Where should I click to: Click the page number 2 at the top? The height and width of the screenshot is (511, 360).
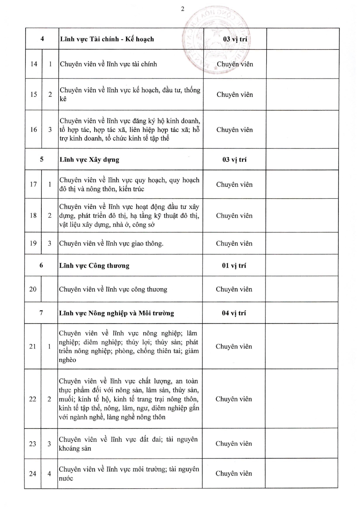(x=183, y=9)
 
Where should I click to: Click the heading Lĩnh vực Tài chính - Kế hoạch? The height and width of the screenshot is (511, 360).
(x=107, y=39)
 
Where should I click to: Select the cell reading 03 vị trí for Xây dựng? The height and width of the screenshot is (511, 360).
(x=234, y=159)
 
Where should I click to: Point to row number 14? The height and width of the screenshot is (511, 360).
(x=34, y=64)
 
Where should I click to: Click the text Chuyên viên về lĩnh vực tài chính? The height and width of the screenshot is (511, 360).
(x=108, y=64)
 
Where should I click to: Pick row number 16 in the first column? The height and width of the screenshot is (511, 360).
(x=33, y=129)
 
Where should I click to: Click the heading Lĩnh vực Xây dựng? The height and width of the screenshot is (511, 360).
(x=89, y=160)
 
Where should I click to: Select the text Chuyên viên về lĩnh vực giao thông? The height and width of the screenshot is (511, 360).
(x=111, y=243)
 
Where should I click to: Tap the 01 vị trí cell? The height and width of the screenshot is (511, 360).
(x=234, y=266)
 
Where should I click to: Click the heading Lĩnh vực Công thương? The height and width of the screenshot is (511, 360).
(x=94, y=266)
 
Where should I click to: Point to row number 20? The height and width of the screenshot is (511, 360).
(x=33, y=289)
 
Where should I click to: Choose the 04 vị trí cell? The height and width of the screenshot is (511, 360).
(x=234, y=313)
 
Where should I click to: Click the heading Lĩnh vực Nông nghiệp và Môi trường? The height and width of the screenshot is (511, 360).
(x=117, y=313)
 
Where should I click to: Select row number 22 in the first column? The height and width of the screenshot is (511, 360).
(x=33, y=399)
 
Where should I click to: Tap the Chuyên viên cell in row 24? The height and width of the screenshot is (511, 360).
(x=234, y=473)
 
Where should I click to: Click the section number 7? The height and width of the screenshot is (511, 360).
(x=41, y=313)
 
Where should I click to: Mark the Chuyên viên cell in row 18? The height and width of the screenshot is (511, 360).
(x=234, y=216)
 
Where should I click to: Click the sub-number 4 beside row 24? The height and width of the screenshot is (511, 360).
(x=49, y=474)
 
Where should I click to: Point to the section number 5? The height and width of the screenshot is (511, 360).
(x=42, y=159)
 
